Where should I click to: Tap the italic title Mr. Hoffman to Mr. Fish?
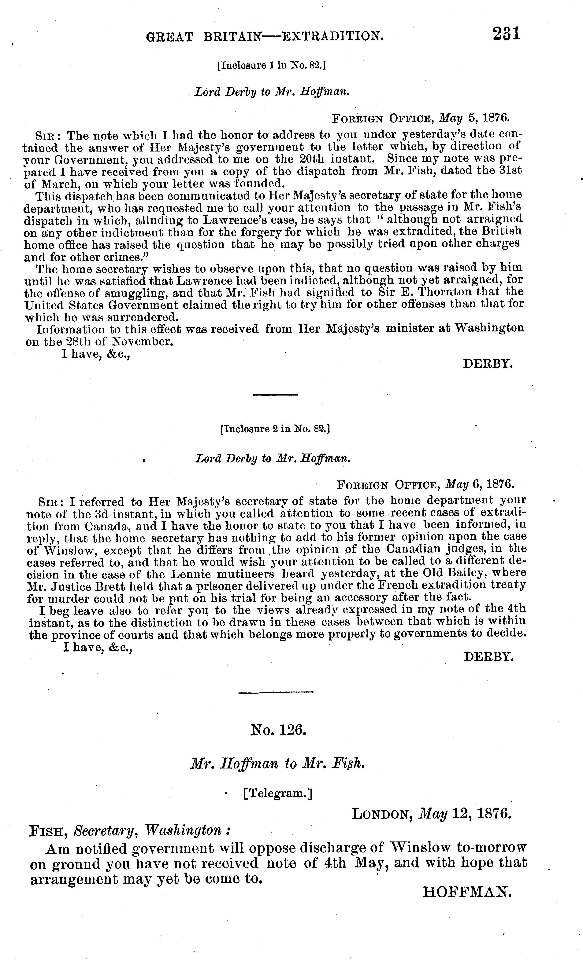click(278, 763)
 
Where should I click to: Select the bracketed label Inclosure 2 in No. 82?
click(275, 429)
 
